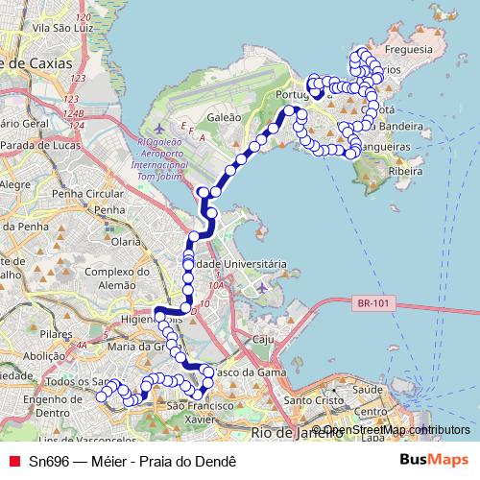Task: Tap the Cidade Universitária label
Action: point(235,263)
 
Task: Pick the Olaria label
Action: point(126,243)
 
